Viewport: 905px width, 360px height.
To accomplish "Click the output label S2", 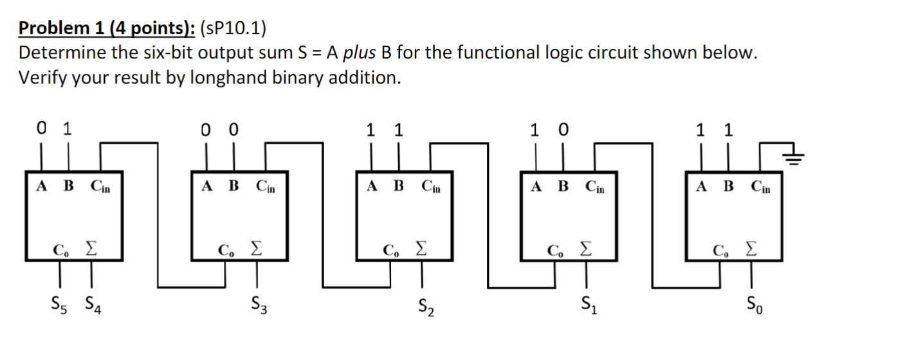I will (x=425, y=306).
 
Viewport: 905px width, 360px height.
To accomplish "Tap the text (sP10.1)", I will (x=233, y=29).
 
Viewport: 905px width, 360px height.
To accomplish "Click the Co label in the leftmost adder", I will (x=60, y=249).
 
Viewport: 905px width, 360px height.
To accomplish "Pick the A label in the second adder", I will (x=206, y=186).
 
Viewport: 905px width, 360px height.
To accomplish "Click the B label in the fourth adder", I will (x=563, y=186).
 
